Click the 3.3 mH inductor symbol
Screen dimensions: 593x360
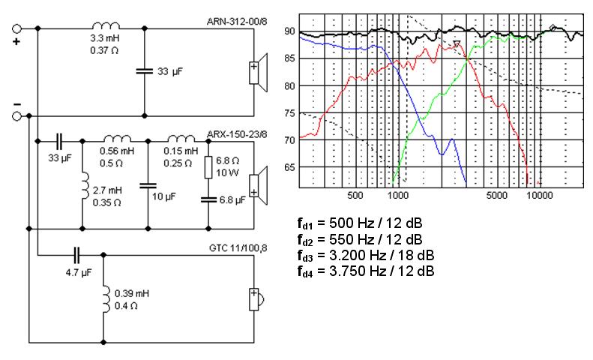[106, 25]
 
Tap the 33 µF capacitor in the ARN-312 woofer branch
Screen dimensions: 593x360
[145, 70]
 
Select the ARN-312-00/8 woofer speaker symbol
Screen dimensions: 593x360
[258, 73]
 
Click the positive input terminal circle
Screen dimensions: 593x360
[16, 28]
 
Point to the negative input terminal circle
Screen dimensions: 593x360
[16, 116]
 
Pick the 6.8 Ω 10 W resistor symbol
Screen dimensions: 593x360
[208, 167]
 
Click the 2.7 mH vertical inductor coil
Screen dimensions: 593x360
[85, 186]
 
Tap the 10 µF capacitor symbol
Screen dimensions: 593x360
[148, 186]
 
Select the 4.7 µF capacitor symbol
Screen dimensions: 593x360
[76, 256]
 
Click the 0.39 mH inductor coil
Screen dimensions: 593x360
[106, 299]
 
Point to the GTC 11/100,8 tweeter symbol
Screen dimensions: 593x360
[256, 300]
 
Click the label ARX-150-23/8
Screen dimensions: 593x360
[237, 134]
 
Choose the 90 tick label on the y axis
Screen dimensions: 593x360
[289, 31]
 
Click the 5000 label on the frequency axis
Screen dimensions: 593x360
[496, 195]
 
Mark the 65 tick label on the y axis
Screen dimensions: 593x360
[289, 167]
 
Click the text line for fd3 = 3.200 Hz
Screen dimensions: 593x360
[366, 256]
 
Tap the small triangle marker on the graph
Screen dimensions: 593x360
[457, 43]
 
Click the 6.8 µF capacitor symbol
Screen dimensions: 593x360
[208, 199]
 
